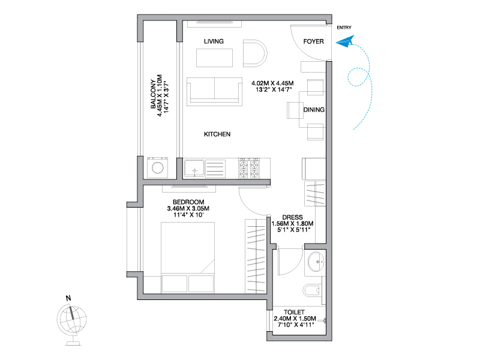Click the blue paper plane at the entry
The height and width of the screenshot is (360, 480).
click(345, 41)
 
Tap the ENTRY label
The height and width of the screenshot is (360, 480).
click(344, 28)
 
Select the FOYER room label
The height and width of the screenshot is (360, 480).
click(313, 41)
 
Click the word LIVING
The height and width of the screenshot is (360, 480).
click(214, 41)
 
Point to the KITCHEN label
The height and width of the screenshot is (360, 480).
click(217, 134)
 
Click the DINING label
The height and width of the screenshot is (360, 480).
click(314, 110)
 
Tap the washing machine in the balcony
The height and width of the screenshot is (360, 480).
click(157, 167)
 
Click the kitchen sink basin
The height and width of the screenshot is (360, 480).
click(194, 169)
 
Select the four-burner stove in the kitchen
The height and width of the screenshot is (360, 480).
click(249, 168)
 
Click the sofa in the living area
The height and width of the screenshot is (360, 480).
click(214, 91)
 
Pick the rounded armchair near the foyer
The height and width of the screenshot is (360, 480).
click(255, 53)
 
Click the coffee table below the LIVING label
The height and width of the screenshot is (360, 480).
click(214, 58)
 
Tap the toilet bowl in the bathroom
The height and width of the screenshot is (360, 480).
click(311, 290)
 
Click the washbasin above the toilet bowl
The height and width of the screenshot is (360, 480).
click(316, 262)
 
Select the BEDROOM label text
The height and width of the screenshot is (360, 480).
click(188, 202)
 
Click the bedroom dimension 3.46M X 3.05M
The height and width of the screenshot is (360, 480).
click(188, 208)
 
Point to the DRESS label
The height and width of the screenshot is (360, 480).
click(292, 217)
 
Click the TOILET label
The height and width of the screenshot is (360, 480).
click(294, 312)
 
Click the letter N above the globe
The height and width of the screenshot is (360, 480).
click(68, 298)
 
